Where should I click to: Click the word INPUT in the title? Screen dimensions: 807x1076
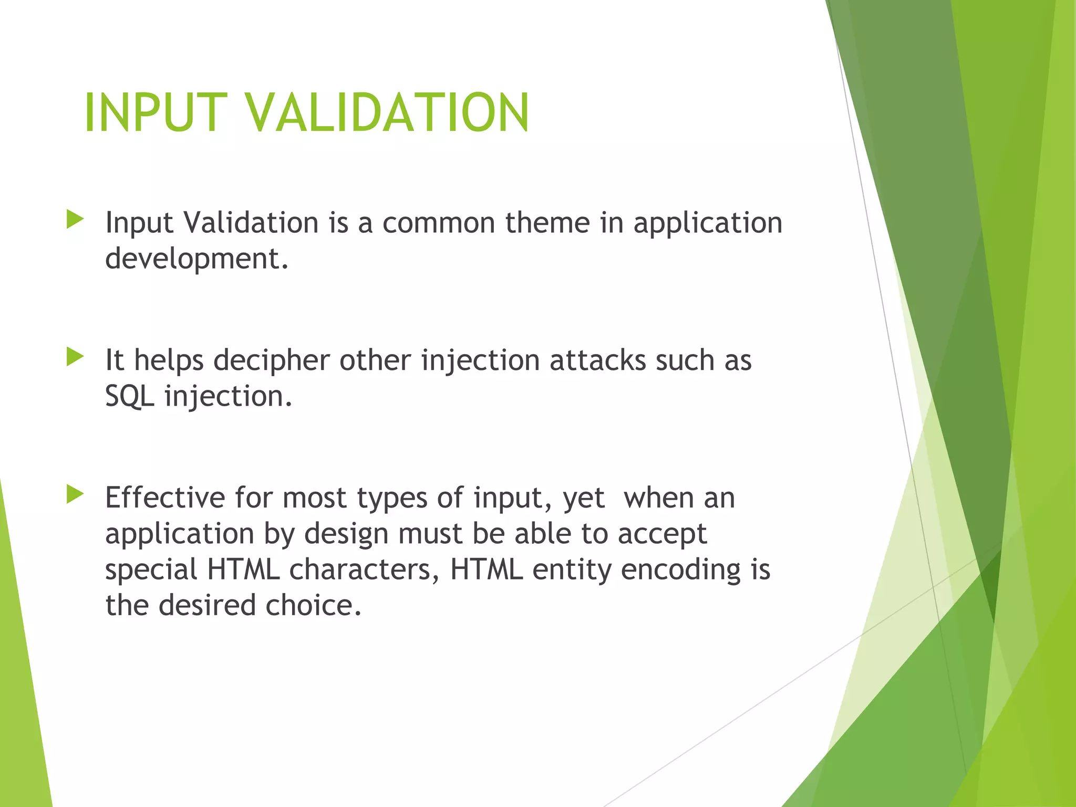[156, 112]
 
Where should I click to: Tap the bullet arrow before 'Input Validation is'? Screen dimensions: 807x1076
[75, 220]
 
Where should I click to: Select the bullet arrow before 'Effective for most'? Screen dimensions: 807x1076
[75, 494]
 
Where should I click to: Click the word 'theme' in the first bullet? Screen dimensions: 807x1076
[547, 223]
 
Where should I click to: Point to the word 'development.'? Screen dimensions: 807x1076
[197, 258]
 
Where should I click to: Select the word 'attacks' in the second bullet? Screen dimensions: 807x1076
[598, 360]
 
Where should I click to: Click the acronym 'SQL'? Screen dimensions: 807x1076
[129, 396]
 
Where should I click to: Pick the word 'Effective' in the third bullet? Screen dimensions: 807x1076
[165, 498]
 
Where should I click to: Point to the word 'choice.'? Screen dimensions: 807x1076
[313, 605]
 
